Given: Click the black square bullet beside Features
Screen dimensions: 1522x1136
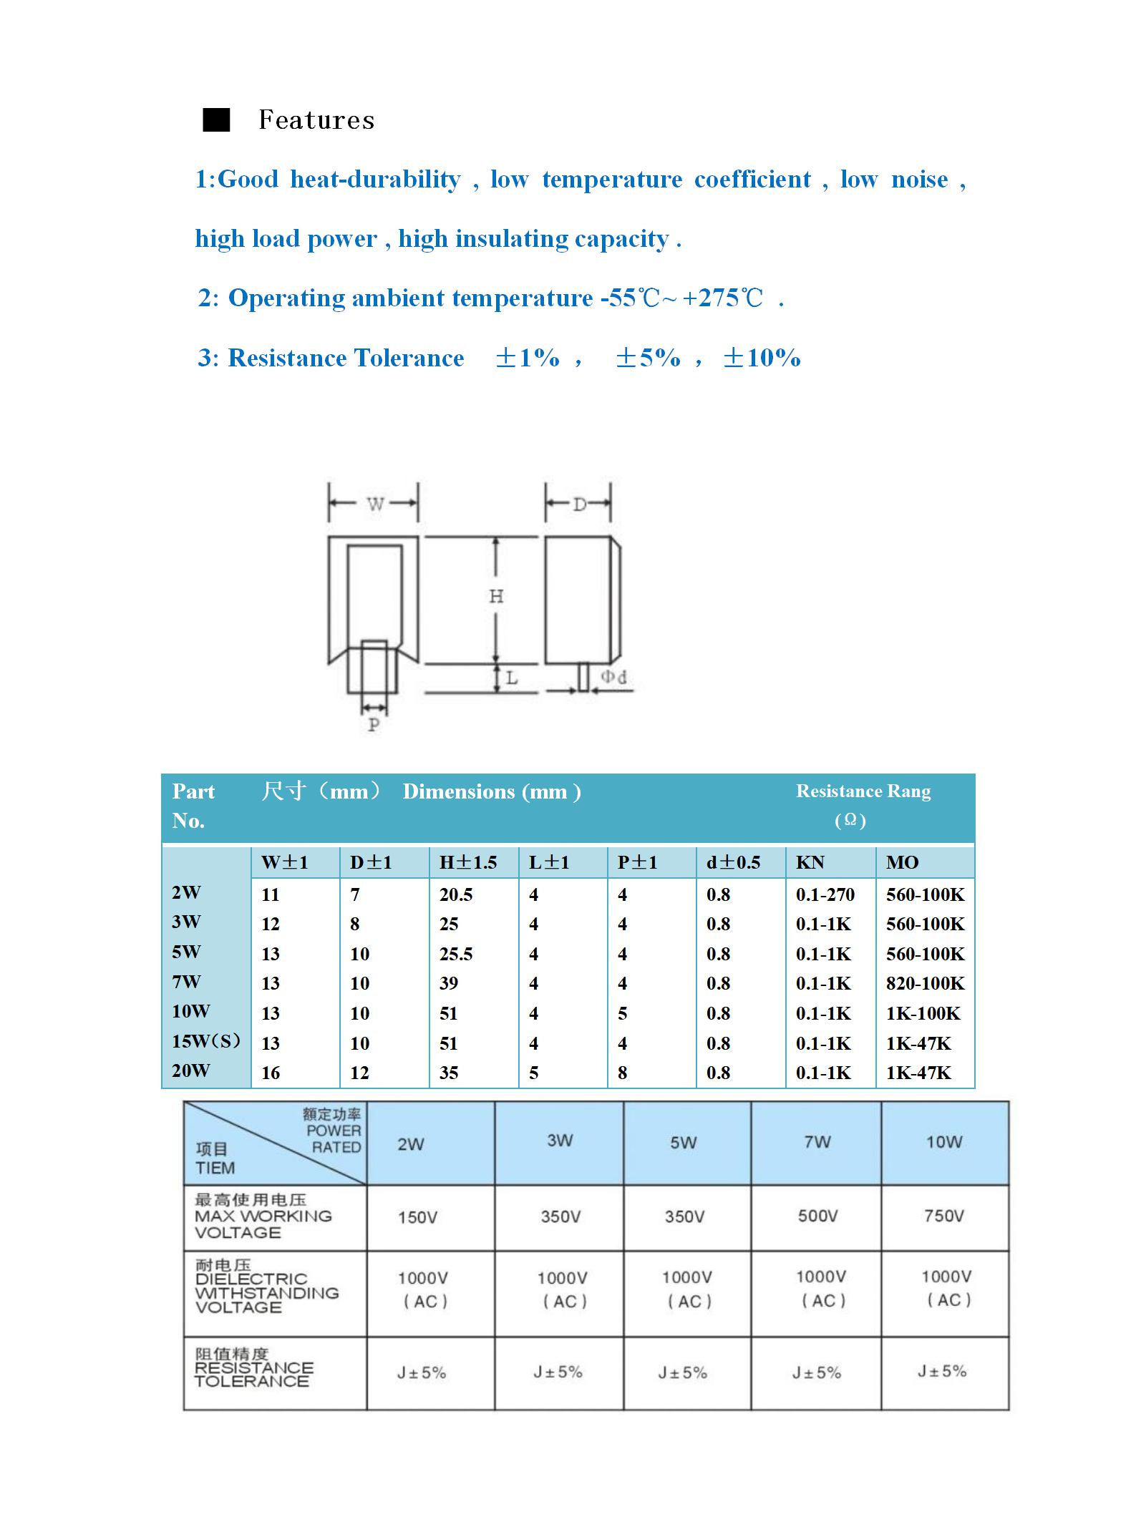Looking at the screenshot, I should click(216, 120).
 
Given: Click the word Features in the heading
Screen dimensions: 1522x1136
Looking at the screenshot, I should click(316, 120).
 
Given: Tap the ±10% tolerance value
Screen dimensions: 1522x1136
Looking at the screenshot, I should click(762, 358).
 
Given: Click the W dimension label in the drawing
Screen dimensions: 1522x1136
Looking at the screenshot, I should click(375, 504).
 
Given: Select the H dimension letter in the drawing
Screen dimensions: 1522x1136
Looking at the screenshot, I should click(496, 596).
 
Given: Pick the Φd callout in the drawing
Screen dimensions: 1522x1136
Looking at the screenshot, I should click(613, 677).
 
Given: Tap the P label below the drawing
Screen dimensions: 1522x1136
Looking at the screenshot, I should click(373, 725).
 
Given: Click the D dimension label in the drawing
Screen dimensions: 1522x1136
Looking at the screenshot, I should click(579, 504).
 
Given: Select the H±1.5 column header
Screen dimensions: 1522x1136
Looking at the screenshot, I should click(467, 862).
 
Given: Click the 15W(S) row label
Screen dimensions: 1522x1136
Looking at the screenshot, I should click(205, 1041).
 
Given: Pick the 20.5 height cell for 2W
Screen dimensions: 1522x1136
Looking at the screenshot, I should click(455, 894).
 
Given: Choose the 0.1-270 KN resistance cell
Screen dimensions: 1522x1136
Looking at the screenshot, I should click(825, 894).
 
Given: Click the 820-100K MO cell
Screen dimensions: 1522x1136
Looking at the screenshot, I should click(925, 983).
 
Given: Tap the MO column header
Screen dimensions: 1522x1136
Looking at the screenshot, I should click(902, 862).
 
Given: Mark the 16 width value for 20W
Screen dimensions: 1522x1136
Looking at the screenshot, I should click(271, 1073).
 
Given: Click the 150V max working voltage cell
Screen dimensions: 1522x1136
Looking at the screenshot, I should click(417, 1217).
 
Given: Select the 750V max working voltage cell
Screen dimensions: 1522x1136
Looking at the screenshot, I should click(943, 1216).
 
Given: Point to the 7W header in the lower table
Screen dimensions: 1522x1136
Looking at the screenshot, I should click(817, 1142).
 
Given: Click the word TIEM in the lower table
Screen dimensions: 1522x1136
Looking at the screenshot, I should click(215, 1168).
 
